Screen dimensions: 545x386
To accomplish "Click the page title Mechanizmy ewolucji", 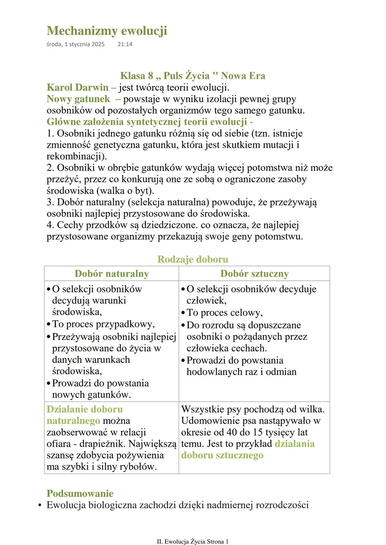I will (x=107, y=31).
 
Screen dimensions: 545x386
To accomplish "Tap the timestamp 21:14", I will (x=125, y=44).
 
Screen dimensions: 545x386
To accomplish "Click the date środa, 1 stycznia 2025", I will (x=75, y=44).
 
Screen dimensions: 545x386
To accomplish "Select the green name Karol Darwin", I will (x=78, y=87).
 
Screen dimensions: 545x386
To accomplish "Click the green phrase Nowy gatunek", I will (x=78, y=99).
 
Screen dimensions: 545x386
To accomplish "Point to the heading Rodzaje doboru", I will (x=193, y=259).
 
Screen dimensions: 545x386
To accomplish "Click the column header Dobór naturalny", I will (x=112, y=274).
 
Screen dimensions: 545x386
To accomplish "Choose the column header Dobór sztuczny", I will (x=254, y=274).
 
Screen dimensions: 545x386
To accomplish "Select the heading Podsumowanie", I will (x=80, y=494).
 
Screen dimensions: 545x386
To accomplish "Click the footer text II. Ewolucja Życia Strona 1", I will (x=193, y=541).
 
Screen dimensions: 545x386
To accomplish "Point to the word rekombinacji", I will (x=75, y=156).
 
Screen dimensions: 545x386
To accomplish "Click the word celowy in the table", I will (x=246, y=313).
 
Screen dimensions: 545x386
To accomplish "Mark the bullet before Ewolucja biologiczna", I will (x=40, y=505).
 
